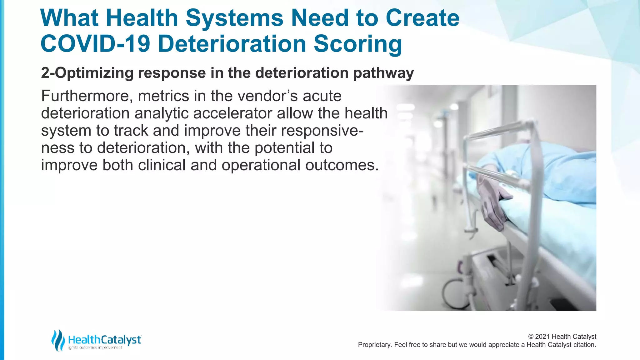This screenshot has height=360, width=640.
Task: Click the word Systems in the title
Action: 234,18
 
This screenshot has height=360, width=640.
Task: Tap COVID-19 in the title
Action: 95,44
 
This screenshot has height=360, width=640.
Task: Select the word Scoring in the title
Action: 357,44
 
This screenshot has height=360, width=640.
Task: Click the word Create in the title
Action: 422,18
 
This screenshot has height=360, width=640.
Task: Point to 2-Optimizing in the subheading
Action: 87,73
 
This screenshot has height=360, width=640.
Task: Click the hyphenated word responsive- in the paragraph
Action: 322,131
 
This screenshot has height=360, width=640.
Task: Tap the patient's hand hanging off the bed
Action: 492,203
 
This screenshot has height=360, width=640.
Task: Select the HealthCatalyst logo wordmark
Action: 105,340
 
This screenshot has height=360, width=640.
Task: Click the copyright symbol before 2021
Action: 531,337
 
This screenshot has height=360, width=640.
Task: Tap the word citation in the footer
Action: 584,345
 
